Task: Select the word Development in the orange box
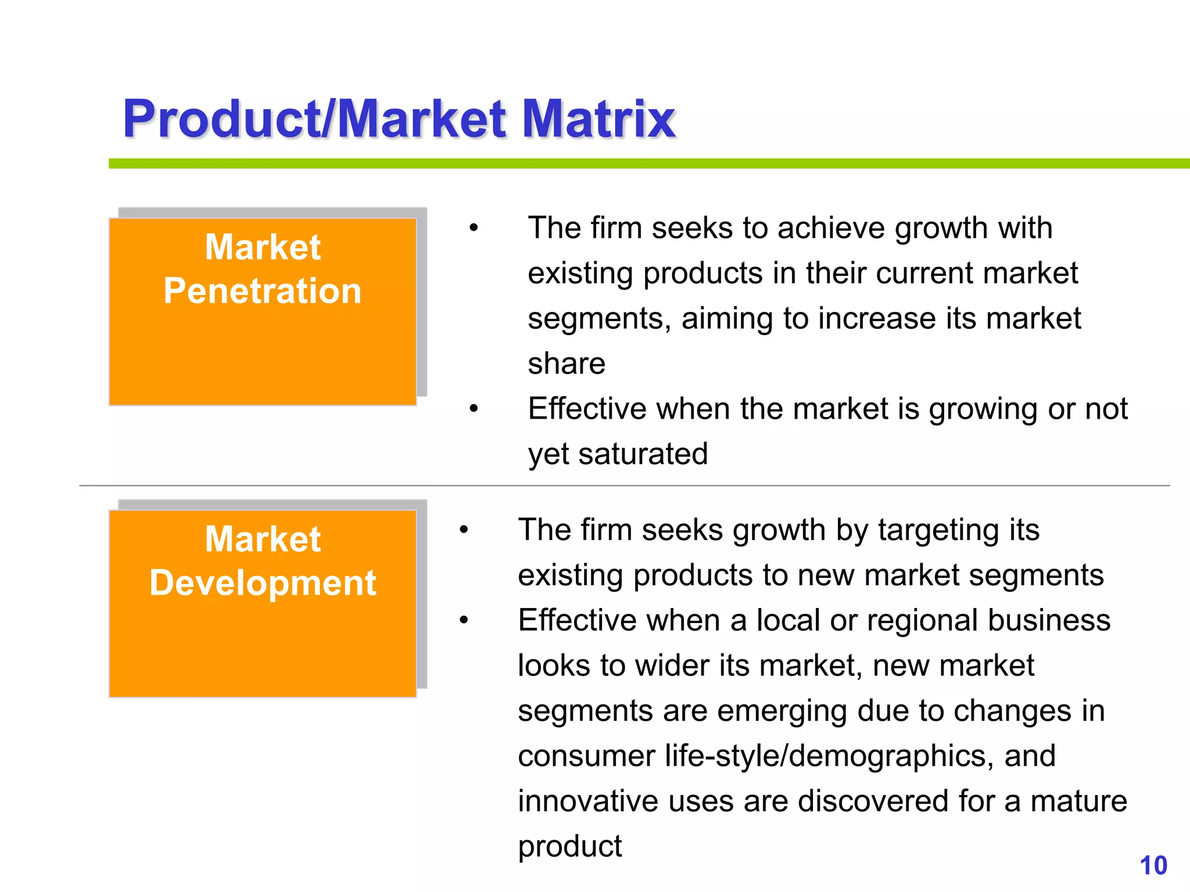point(263,582)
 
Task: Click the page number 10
point(1153,866)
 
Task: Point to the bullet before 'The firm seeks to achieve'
point(474,228)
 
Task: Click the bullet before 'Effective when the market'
point(474,409)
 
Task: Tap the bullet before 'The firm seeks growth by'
point(464,530)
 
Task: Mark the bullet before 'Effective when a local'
point(464,620)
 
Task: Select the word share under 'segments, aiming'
point(567,364)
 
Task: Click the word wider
point(672,666)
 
